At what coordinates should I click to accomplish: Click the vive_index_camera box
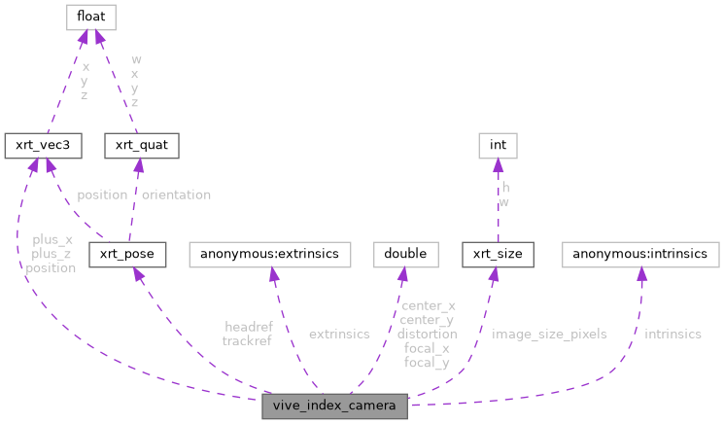pyautogui.click(x=335, y=406)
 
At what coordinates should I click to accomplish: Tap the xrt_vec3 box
pyautogui.click(x=42, y=146)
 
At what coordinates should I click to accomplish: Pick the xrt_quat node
pyautogui.click(x=142, y=146)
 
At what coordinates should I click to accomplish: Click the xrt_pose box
pyautogui.click(x=127, y=255)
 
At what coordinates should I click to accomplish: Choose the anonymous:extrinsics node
pyautogui.click(x=269, y=255)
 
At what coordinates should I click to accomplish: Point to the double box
pyautogui.click(x=405, y=255)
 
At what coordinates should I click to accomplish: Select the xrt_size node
pyautogui.click(x=498, y=255)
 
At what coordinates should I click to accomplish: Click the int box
pyautogui.click(x=498, y=146)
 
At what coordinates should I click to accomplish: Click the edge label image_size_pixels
pyautogui.click(x=549, y=335)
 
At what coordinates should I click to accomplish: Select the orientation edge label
pyautogui.click(x=176, y=194)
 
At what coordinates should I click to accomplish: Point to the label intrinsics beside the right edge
pyautogui.click(x=672, y=335)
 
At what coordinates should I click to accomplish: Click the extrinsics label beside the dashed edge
pyautogui.click(x=339, y=335)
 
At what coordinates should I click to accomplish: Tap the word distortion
pyautogui.click(x=427, y=334)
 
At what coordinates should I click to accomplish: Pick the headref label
pyautogui.click(x=248, y=327)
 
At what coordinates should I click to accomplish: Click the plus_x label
pyautogui.click(x=52, y=239)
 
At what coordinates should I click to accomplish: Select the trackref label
pyautogui.click(x=247, y=341)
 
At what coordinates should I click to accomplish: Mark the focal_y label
pyautogui.click(x=427, y=363)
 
